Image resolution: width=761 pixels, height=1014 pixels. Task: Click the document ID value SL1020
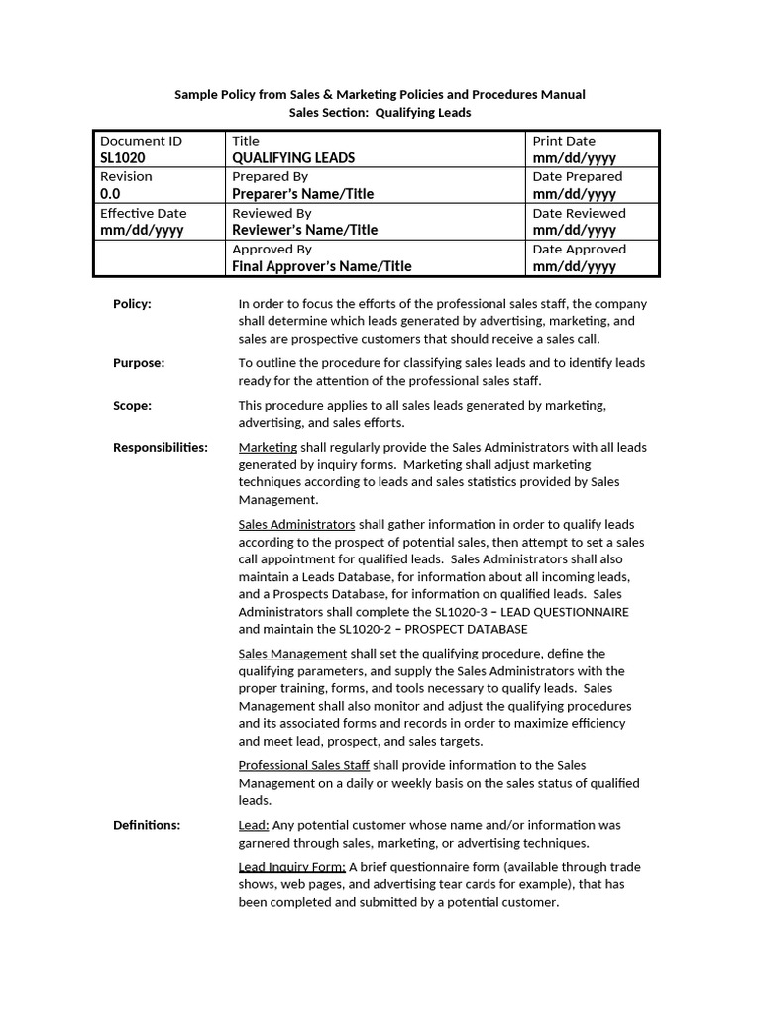[122, 158]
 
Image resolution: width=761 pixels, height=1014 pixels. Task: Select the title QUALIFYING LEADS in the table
[292, 158]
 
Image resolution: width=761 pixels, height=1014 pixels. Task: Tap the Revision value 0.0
[110, 194]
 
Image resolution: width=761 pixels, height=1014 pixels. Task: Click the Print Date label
[564, 141]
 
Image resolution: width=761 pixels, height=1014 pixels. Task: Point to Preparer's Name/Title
[302, 194]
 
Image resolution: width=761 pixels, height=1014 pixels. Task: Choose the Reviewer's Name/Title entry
[304, 230]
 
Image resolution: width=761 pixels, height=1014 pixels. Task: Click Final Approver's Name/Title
[321, 266]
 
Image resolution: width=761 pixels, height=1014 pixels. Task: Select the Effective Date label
[143, 213]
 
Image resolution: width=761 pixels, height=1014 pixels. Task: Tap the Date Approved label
[579, 249]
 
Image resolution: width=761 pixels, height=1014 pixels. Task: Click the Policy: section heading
[132, 304]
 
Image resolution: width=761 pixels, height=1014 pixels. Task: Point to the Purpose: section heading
[139, 363]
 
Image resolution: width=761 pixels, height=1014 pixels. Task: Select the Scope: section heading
[132, 405]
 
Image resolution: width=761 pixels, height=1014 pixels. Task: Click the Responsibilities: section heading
[161, 447]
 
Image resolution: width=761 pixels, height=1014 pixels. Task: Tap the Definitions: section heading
[147, 825]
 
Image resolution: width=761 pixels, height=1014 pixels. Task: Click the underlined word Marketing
[268, 447]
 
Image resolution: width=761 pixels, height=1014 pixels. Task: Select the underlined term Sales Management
[292, 654]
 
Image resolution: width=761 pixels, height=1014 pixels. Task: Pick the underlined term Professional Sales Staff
[303, 765]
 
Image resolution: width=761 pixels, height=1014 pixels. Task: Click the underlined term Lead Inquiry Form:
[291, 867]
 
